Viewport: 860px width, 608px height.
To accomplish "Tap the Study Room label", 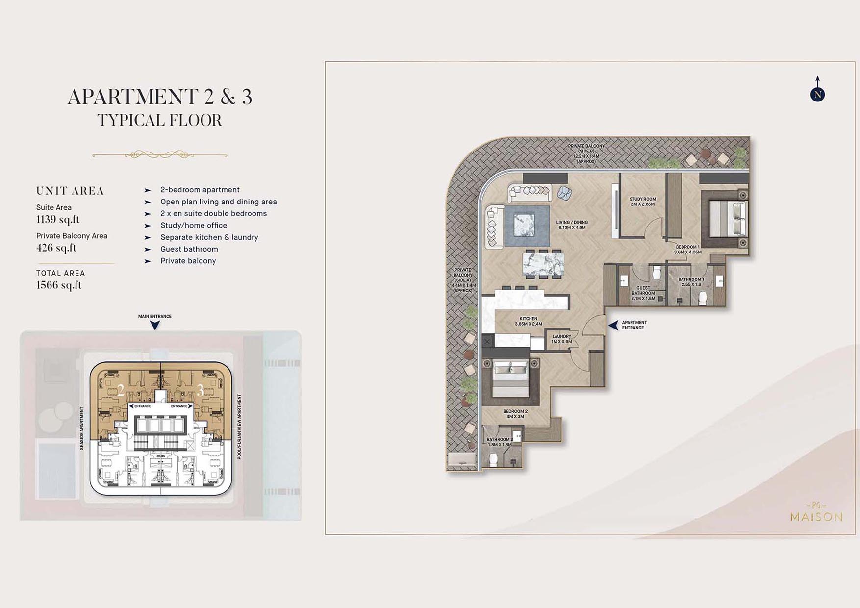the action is [642, 202].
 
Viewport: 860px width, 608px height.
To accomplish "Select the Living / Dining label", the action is [572, 225].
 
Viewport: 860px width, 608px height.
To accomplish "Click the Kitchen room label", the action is [529, 321].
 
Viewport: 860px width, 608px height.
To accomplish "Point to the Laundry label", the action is [561, 339].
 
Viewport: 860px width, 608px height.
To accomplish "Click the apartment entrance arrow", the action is [613, 325].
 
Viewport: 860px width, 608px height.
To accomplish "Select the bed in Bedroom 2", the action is [510, 379].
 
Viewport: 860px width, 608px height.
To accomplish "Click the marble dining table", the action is [543, 264].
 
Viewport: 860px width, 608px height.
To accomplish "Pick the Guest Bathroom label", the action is [643, 293].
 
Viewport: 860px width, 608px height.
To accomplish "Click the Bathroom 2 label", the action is [500, 442].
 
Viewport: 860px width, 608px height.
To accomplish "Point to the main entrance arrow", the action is [155, 325].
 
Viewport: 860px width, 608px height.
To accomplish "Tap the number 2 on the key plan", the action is [121, 390].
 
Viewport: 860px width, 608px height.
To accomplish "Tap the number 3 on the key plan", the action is [200, 390].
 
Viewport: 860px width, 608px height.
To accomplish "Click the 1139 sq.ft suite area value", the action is [58, 219].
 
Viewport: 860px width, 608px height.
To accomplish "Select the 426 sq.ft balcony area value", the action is [56, 248].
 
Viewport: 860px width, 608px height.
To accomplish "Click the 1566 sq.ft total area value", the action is [59, 285].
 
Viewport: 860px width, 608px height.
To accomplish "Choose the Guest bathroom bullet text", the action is [189, 249].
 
